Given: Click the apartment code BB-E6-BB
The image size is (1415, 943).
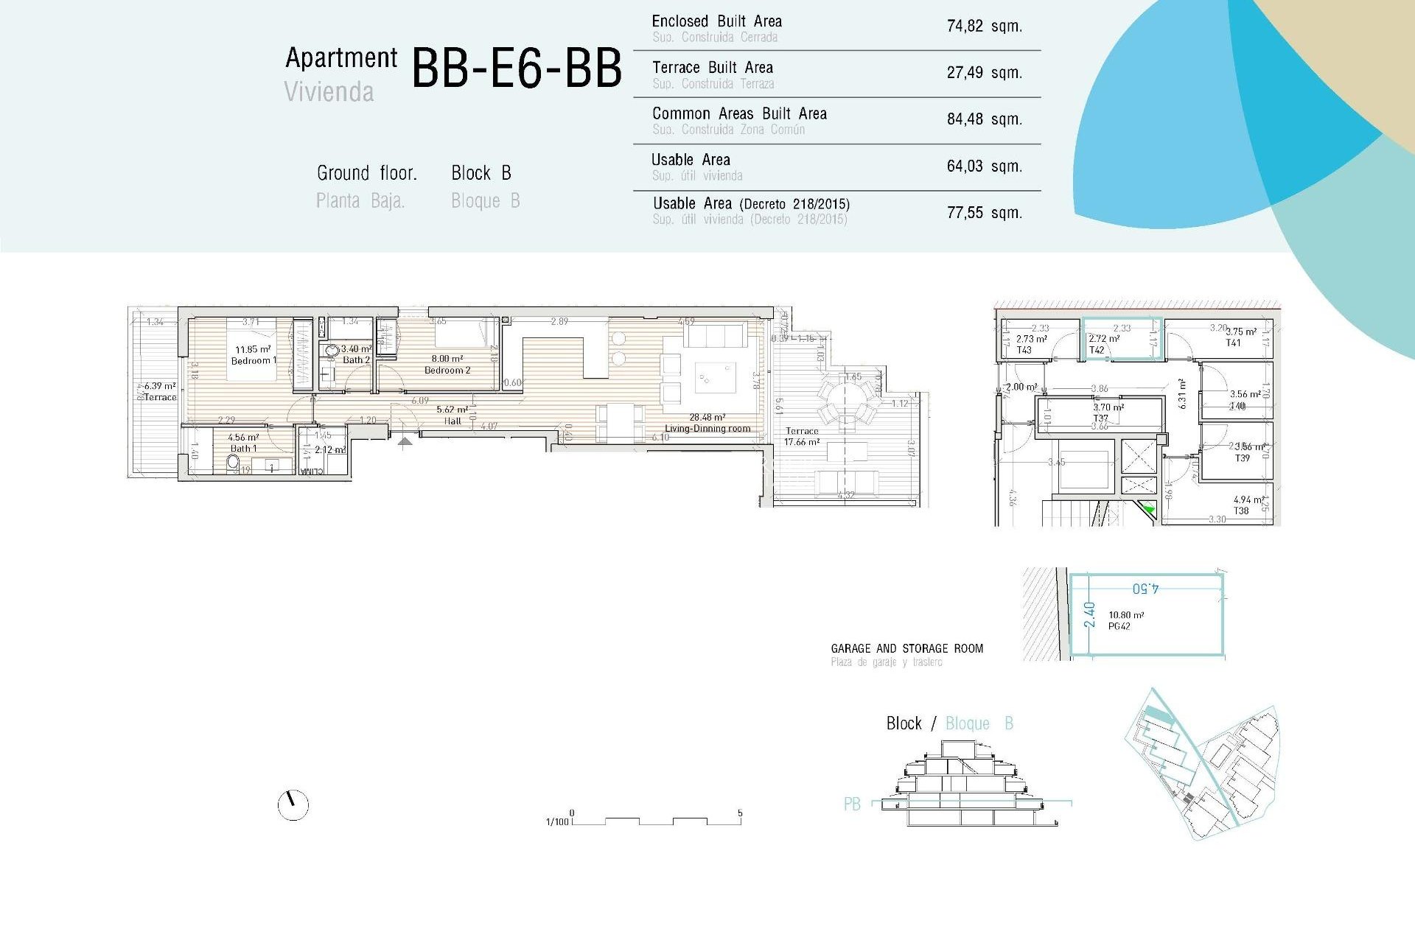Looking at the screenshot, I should point(516,69).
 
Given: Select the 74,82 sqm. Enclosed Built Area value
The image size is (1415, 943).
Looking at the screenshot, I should point(984,27).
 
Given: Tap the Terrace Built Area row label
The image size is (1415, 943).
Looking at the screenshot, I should point(712,68).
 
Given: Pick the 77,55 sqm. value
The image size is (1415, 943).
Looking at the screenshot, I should point(984,213).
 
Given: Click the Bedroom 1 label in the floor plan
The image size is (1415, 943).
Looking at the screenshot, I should point(253,360).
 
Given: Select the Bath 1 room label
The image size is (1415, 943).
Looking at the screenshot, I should point(243,448).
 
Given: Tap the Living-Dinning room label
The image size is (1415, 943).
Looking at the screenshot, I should point(707,428).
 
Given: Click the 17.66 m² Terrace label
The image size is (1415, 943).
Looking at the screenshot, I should point(801,437).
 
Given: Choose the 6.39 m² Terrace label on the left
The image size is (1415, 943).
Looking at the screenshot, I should point(160,391).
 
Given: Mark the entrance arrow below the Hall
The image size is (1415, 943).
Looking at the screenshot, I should point(405,441).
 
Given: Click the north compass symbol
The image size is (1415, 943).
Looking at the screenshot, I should point(293,804).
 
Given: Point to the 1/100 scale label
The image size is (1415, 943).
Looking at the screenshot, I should point(557,821).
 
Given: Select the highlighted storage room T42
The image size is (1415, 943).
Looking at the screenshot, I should point(1121,340).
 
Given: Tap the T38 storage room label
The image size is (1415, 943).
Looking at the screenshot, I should point(1241,511).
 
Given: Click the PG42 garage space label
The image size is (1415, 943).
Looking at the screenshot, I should point(1119,626).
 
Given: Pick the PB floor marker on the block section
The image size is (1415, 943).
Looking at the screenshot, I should point(852,804).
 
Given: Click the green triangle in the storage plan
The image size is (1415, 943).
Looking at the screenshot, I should point(1147,508).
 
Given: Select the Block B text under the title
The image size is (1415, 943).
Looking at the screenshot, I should point(481,173).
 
